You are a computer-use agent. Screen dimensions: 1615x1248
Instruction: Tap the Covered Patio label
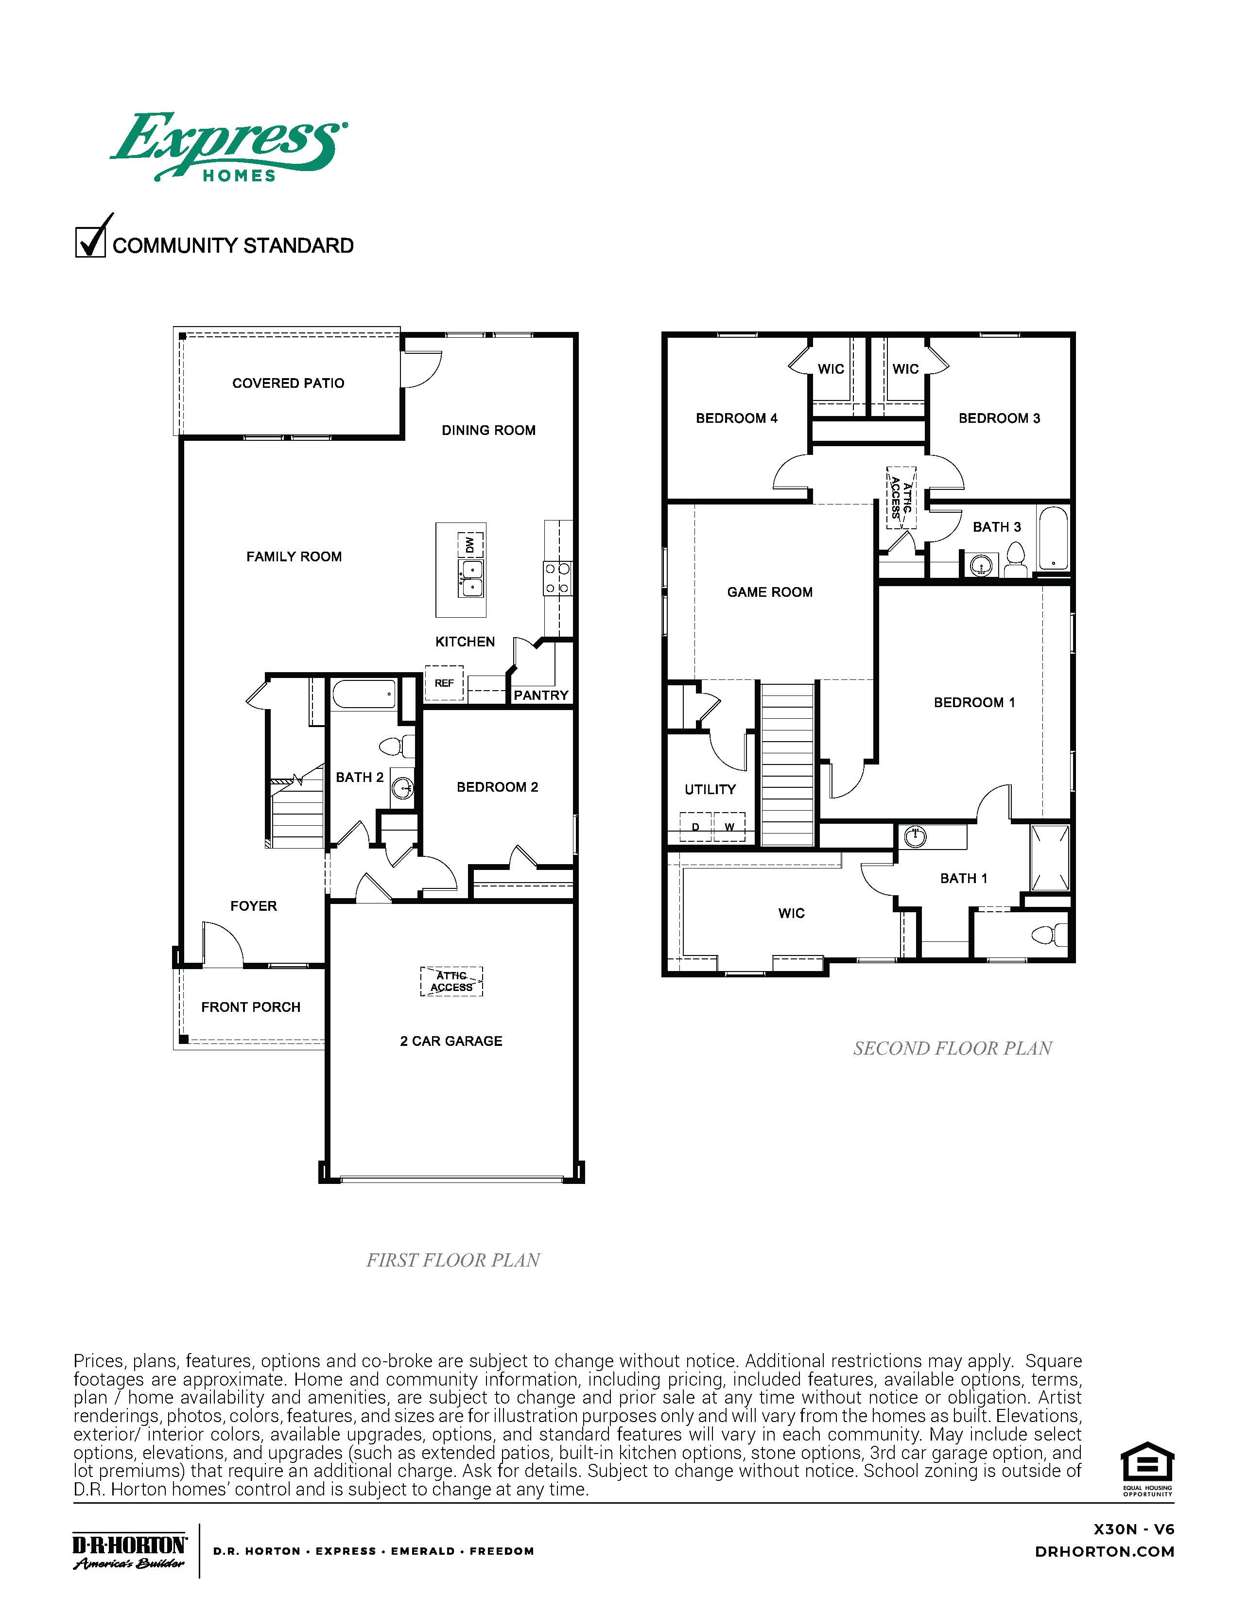[x=288, y=383]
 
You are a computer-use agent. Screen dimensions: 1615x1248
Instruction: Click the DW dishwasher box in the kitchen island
[x=470, y=544]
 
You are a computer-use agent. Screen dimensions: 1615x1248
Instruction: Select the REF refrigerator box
[x=444, y=683]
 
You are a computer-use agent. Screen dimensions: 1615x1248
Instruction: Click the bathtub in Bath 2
[x=364, y=695]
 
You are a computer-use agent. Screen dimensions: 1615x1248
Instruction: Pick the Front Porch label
[x=251, y=1007]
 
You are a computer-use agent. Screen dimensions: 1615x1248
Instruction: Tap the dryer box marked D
[x=695, y=827]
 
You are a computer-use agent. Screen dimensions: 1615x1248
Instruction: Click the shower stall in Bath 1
[x=1050, y=858]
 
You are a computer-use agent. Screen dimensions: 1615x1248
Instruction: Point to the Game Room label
[x=770, y=592]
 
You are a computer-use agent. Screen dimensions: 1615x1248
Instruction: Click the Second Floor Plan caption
[x=952, y=1049]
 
